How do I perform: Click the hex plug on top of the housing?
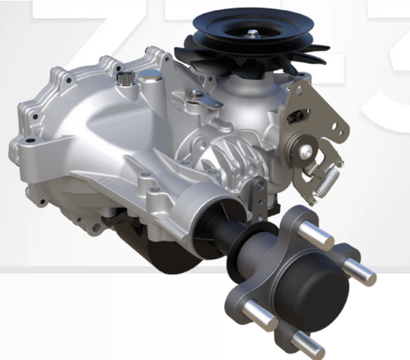coord(125,79)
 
